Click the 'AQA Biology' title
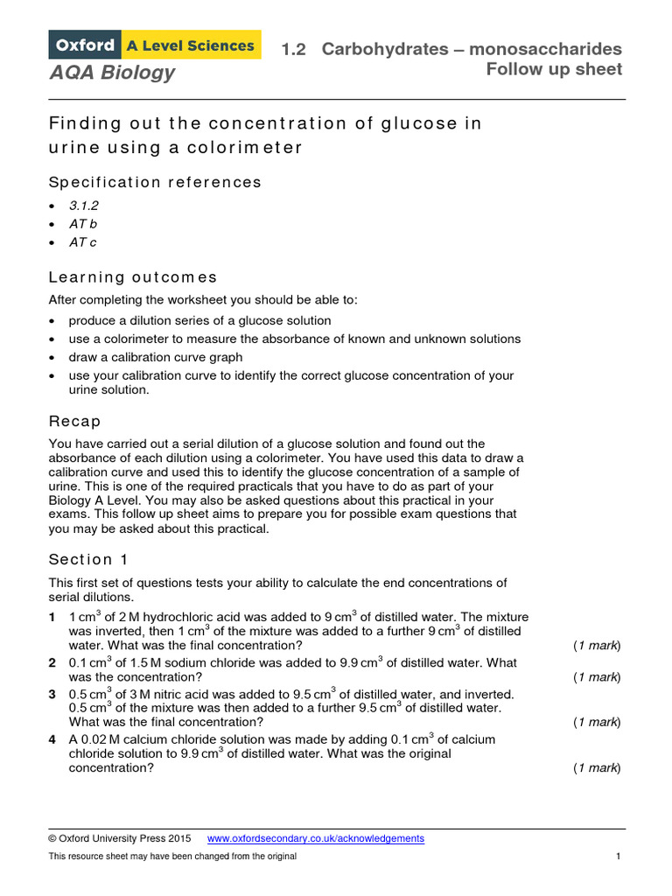(x=112, y=73)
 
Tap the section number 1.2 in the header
(x=293, y=49)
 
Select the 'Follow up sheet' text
(x=554, y=69)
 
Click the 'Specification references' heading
(x=155, y=182)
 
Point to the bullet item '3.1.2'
(x=84, y=206)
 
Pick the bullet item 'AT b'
(x=82, y=224)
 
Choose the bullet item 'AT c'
(x=82, y=242)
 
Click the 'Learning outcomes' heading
(x=133, y=277)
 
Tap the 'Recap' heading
(x=74, y=421)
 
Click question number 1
(x=52, y=617)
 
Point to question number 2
(x=52, y=662)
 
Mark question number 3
(x=52, y=694)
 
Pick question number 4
(x=52, y=739)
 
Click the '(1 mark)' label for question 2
(x=597, y=676)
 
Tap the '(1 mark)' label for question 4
(x=597, y=767)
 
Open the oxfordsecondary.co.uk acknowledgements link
(x=316, y=838)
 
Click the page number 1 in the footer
(x=618, y=856)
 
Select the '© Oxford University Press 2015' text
(x=120, y=838)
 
